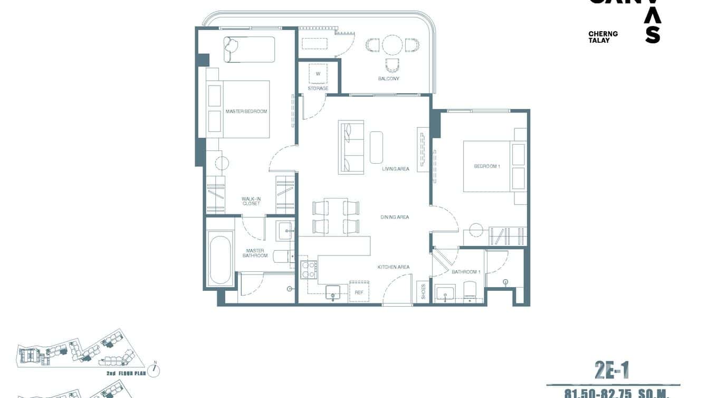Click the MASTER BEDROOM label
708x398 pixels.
[246, 111]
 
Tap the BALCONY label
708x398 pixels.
[388, 79]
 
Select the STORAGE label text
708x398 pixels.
[318, 88]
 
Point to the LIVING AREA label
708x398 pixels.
[396, 169]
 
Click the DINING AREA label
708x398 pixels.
[395, 217]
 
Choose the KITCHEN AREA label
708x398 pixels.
[394, 267]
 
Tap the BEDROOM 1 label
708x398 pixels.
[487, 166]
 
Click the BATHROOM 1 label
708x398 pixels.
[466, 272]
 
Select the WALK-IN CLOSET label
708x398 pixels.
[251, 201]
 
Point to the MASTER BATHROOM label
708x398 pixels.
[255, 253]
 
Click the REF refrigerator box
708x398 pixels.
[359, 291]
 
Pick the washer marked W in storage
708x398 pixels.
[318, 74]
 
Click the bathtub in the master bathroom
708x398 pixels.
[220, 260]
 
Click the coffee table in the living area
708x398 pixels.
[376, 147]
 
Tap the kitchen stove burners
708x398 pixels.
[308, 270]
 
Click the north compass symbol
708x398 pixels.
[154, 370]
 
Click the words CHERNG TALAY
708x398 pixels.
[602, 37]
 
